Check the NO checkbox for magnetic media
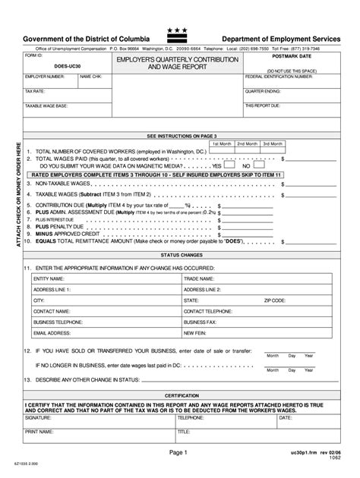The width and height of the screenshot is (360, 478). [x=251, y=165]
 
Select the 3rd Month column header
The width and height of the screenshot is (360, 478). [x=271, y=143]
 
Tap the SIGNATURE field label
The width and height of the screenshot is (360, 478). [x=37, y=417]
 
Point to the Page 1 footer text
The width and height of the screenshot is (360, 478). [x=182, y=454]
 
